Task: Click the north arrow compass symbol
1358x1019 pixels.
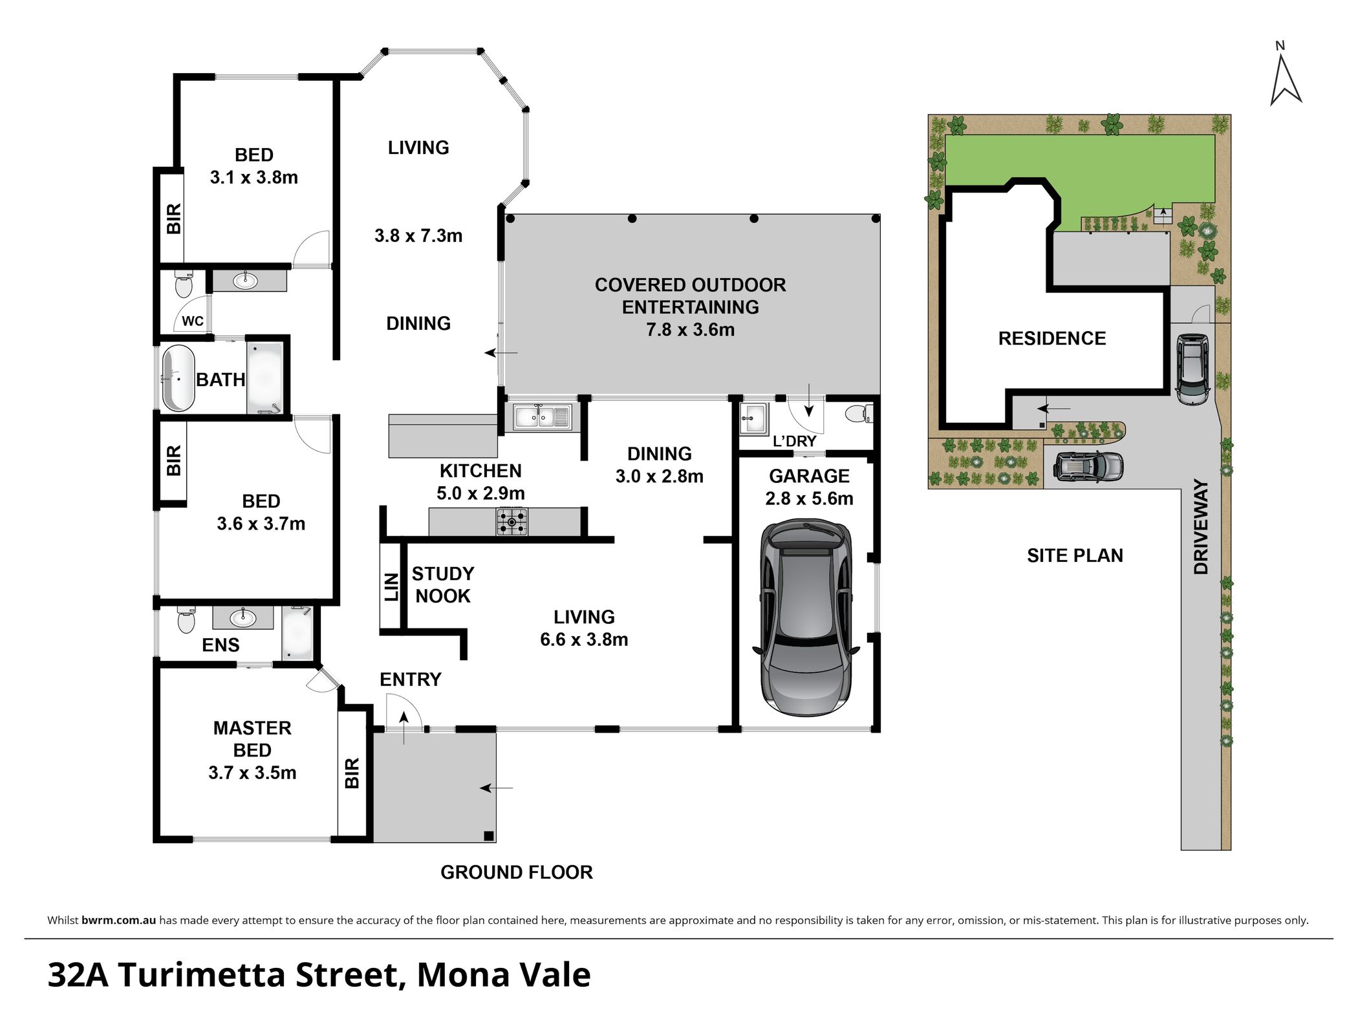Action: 1286,81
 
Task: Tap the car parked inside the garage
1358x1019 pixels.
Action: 806,618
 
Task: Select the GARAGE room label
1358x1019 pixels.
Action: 809,476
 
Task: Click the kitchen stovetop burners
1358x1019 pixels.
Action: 512,522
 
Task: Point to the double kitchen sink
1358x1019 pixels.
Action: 542,417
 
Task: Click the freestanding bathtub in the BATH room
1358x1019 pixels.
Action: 178,379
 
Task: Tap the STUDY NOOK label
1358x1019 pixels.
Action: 443,585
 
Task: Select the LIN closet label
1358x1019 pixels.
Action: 391,586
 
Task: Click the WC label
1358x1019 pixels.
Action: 193,321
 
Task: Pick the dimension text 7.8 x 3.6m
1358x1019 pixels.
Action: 690,330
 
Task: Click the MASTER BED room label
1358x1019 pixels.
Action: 252,739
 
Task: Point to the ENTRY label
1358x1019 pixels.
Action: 411,679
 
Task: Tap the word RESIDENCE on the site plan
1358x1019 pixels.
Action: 1052,338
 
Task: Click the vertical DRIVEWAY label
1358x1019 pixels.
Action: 1201,526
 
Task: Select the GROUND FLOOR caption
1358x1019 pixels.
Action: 517,872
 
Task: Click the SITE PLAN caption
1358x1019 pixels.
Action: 1075,555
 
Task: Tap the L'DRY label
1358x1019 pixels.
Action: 795,441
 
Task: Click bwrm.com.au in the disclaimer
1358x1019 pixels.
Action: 119,920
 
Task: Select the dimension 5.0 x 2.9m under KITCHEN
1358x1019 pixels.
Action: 480,493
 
